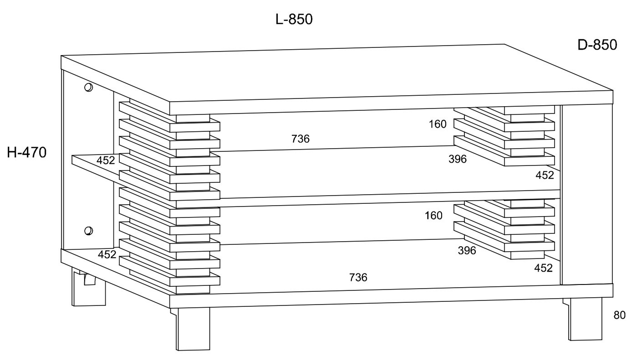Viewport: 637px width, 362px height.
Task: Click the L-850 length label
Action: (294, 20)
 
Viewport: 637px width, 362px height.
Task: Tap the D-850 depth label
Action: (597, 45)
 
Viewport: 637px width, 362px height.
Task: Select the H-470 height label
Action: (27, 153)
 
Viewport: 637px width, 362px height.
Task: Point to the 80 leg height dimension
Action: (619, 315)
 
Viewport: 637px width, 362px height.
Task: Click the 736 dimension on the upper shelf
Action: (301, 139)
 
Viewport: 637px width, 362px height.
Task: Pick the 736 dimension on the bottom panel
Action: (358, 277)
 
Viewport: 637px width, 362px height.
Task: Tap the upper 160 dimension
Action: (438, 124)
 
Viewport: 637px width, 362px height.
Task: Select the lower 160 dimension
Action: (433, 216)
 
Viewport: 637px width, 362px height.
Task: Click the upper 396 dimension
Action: (457, 159)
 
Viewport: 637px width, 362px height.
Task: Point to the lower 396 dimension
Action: (467, 250)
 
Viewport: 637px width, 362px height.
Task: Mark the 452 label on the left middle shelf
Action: (106, 160)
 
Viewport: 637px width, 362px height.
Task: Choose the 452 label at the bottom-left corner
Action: (107, 254)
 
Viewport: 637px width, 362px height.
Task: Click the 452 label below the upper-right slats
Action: (545, 175)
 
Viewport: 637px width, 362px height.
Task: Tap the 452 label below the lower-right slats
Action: (543, 268)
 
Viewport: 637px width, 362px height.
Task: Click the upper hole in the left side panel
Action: (89, 87)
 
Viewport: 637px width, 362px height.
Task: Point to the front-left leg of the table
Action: (193, 328)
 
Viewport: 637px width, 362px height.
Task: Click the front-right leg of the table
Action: (585, 319)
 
